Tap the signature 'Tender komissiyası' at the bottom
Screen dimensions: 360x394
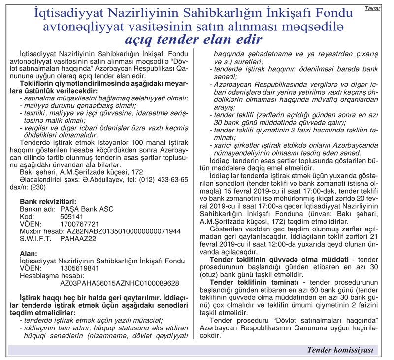[x=340, y=350]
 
